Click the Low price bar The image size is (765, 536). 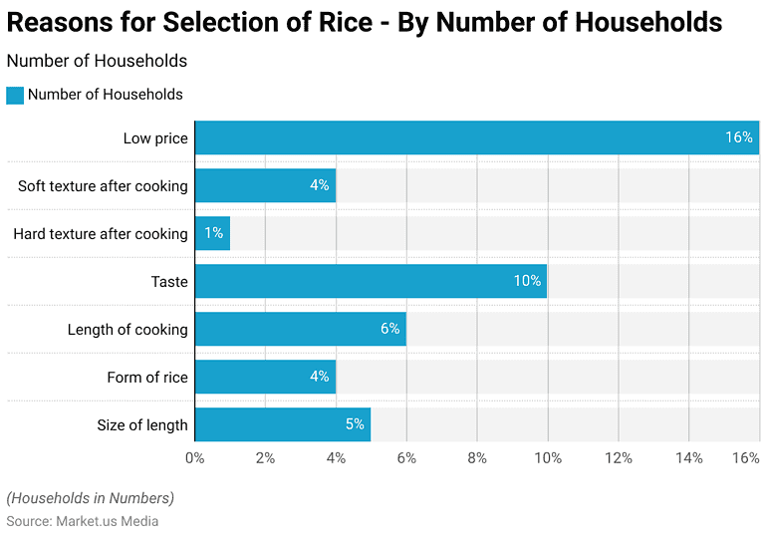(x=476, y=137)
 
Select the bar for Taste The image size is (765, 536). (x=371, y=281)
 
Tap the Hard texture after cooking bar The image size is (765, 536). (x=212, y=233)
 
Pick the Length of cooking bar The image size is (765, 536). (x=300, y=329)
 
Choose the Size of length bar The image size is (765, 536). (x=282, y=424)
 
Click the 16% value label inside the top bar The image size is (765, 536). (x=738, y=137)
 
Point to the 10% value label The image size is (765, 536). (x=527, y=281)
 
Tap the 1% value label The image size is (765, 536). (x=213, y=233)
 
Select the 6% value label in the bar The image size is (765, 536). (x=389, y=329)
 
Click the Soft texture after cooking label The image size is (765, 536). (x=103, y=185)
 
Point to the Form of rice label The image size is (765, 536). (x=147, y=377)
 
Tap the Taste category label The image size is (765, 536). (x=169, y=281)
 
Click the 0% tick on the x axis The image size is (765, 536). (x=195, y=457)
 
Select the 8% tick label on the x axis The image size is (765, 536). (x=477, y=457)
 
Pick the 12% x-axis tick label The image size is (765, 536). (x=619, y=457)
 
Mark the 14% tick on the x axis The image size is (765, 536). (x=689, y=457)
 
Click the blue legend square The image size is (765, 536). (x=14, y=95)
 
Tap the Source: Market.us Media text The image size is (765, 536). (x=83, y=520)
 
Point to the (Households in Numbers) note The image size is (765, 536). (x=90, y=497)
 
